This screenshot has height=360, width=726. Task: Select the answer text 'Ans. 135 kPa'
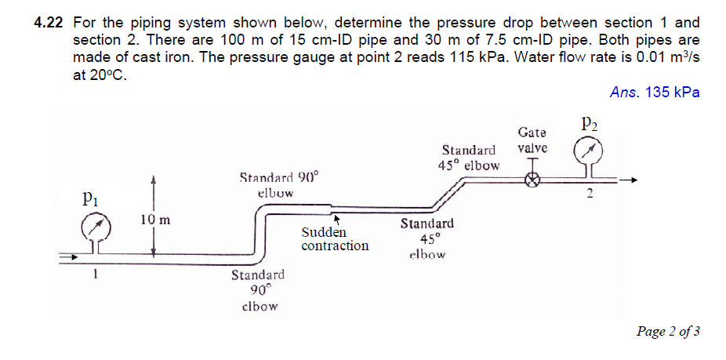click(655, 93)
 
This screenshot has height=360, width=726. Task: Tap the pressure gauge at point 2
click(590, 151)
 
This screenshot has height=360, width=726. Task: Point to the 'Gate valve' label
click(532, 140)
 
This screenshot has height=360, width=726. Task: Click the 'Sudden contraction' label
click(335, 239)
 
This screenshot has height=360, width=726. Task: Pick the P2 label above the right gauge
click(590, 122)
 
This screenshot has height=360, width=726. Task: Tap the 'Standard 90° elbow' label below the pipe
click(258, 290)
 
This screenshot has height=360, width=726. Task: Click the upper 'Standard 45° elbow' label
click(469, 157)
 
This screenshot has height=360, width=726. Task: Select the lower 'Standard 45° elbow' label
click(427, 238)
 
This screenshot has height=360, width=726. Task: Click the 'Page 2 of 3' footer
click(669, 331)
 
